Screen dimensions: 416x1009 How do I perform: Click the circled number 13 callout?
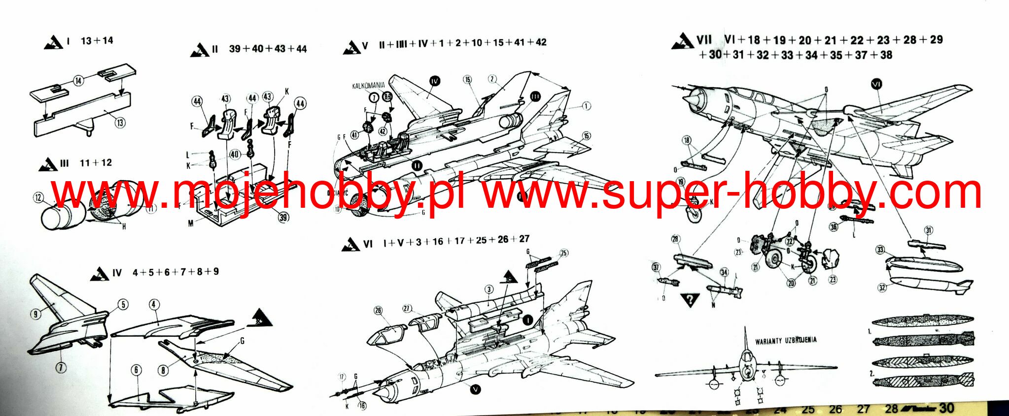pyautogui.click(x=120, y=123)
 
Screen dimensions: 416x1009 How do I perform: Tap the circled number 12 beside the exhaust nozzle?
pyautogui.click(x=38, y=198)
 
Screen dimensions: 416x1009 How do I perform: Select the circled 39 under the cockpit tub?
pyautogui.click(x=283, y=217)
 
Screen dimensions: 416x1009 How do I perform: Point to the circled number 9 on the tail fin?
pyautogui.click(x=35, y=313)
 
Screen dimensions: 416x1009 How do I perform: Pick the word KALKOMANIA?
pyautogui.click(x=368, y=86)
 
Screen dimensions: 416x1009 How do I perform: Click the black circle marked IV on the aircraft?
pyautogui.click(x=434, y=81)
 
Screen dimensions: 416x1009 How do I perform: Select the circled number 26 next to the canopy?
pyautogui.click(x=378, y=311)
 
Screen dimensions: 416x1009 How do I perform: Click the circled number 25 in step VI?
pyautogui.click(x=563, y=254)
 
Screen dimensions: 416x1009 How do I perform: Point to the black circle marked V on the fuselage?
pyautogui.click(x=475, y=389)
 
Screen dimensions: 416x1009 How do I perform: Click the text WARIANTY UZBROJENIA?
pyautogui.click(x=786, y=340)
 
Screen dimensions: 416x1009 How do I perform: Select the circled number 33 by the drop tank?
pyautogui.click(x=881, y=250)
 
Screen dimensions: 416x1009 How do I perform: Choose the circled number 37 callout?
pyautogui.click(x=656, y=267)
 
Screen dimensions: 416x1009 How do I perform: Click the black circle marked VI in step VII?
pyautogui.click(x=876, y=85)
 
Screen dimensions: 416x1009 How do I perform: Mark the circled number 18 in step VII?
pyautogui.click(x=687, y=141)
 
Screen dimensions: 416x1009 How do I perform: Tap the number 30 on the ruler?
pyautogui.click(x=946, y=408)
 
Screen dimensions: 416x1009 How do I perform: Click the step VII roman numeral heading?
pyautogui.click(x=704, y=40)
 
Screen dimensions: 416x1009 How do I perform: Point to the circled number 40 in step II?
pyautogui.click(x=235, y=155)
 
